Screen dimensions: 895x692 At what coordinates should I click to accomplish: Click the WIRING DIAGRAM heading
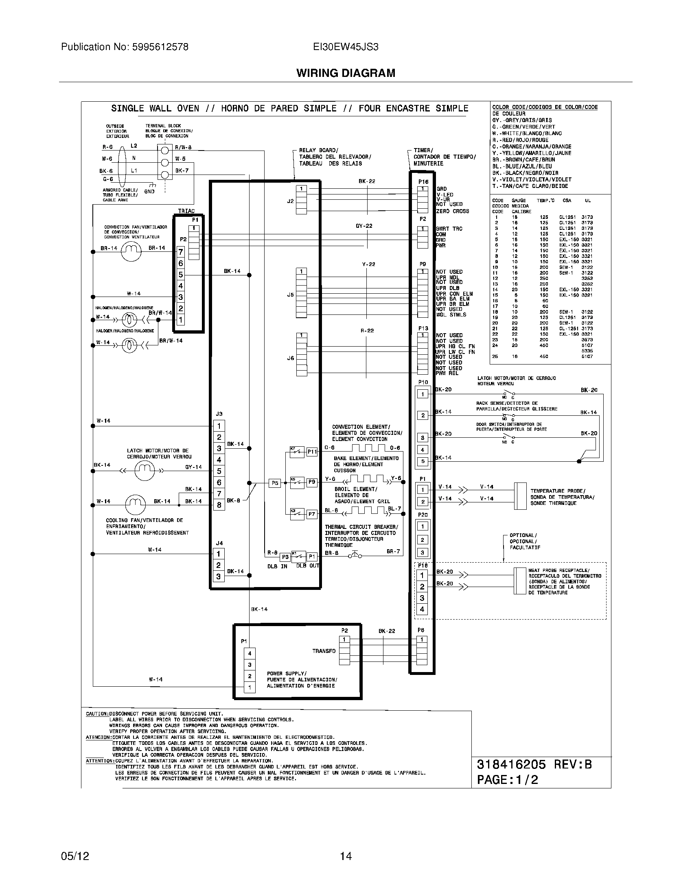click(346, 73)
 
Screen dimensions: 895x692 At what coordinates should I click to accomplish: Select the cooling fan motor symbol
click(135, 504)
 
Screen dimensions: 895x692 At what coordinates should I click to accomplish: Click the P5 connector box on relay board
click(275, 483)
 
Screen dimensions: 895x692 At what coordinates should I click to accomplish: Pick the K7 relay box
click(297, 452)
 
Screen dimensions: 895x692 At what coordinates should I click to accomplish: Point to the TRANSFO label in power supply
click(324, 651)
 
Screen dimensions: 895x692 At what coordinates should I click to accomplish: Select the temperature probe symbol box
click(520, 496)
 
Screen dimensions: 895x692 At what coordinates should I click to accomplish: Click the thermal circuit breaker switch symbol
click(355, 555)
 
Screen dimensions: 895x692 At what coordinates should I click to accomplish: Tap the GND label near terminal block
click(149, 191)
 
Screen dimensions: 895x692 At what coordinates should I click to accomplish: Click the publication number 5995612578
click(125, 47)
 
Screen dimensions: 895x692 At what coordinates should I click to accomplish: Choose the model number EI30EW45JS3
click(345, 47)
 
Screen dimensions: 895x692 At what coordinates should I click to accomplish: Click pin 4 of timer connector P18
click(422, 609)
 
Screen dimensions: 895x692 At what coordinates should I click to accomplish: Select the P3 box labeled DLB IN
click(285, 557)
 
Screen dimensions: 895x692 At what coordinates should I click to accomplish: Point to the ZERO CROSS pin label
click(453, 211)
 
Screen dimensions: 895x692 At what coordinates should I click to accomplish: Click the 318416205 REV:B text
click(534, 764)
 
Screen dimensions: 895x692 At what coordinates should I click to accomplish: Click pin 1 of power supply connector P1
click(249, 687)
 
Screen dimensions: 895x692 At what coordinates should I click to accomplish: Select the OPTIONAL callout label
click(523, 535)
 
